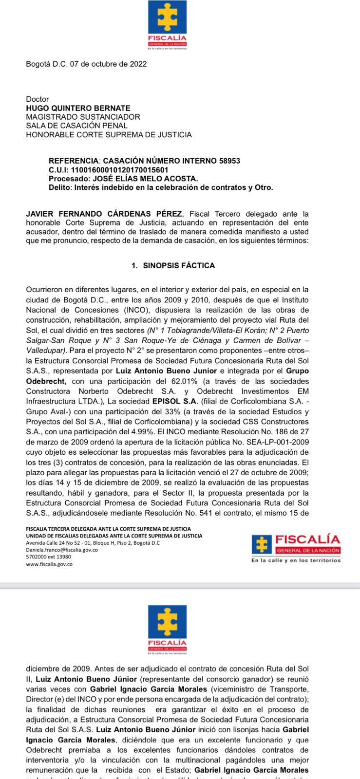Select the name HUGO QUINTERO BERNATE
click(x=78, y=108)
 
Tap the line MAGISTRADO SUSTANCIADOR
click(x=83, y=117)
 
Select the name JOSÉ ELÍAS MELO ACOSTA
click(x=154, y=179)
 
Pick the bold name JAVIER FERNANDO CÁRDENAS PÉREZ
click(x=104, y=214)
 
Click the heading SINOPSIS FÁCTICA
click(x=179, y=266)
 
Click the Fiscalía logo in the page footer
click(x=296, y=548)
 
